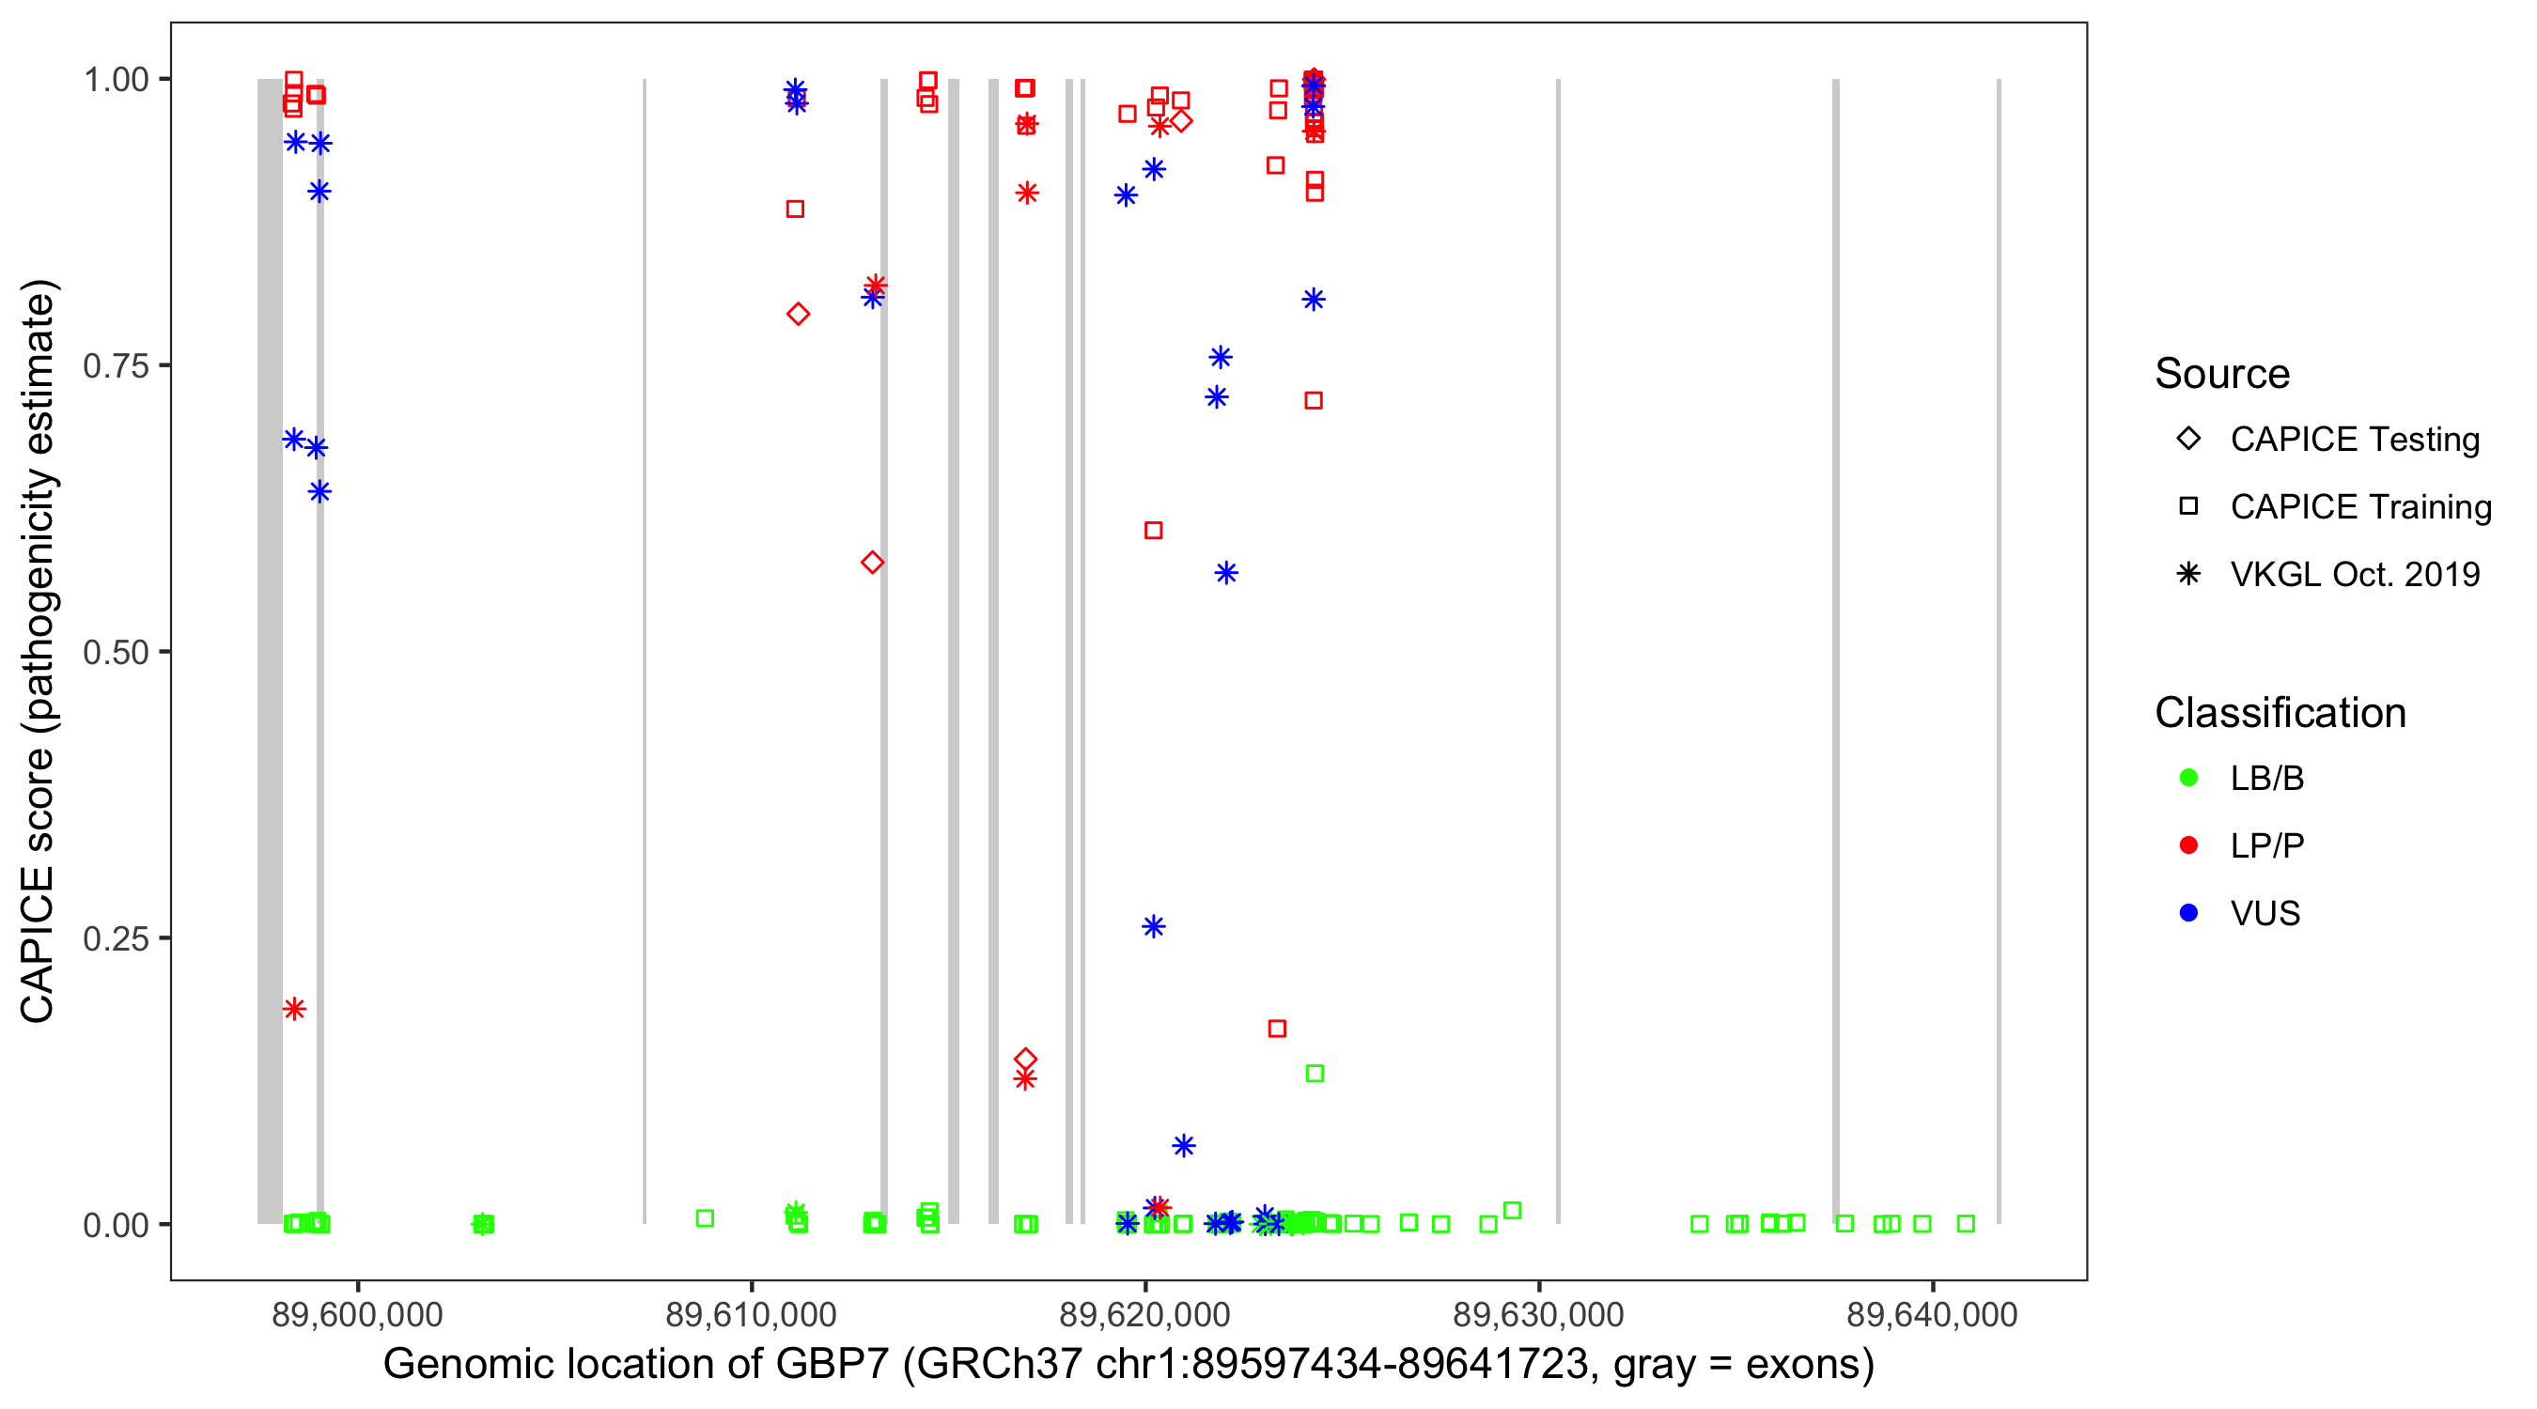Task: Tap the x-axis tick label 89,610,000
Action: (x=751, y=1314)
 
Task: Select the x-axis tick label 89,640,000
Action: (x=1931, y=1314)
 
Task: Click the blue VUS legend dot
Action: (x=2188, y=913)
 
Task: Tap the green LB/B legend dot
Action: (x=2188, y=778)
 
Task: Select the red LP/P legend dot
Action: (x=2188, y=845)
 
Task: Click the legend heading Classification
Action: (x=2280, y=713)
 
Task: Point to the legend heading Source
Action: (x=2222, y=374)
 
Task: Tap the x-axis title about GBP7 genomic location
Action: (x=1128, y=1365)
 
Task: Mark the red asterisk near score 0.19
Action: (x=293, y=1008)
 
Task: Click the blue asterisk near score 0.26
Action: (x=1153, y=926)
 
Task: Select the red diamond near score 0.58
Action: (x=872, y=563)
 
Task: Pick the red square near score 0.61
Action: (x=1153, y=531)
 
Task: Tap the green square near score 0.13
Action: (x=1314, y=1074)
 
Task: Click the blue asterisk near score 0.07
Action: (x=1184, y=1145)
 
